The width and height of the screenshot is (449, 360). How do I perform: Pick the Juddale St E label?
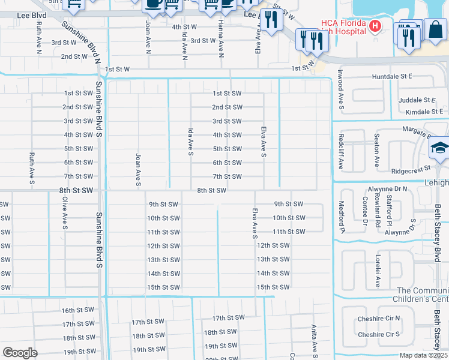(x=415, y=100)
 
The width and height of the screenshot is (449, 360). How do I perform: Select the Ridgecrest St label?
(x=411, y=170)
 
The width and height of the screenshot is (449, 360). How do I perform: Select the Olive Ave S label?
(x=65, y=212)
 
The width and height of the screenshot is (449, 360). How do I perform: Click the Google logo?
(x=20, y=352)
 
